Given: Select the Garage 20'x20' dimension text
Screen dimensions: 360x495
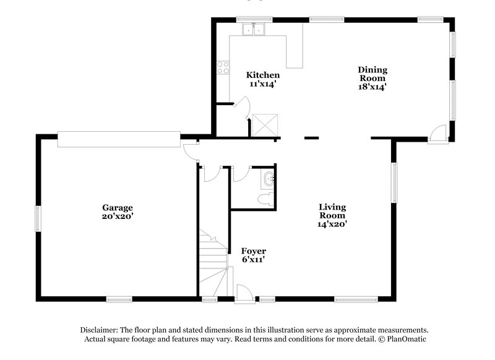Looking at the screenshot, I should coord(118,216).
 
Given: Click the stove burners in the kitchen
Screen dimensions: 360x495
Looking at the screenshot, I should coord(223,67).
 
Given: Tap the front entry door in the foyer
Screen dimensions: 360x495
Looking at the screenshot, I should coord(244,294).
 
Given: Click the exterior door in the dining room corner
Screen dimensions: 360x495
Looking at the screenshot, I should coord(438,133).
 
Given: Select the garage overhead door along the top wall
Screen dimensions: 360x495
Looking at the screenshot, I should coord(119,139).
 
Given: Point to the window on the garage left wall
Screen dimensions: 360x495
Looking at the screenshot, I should coord(38,219).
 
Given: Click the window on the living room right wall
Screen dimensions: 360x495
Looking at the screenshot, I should coord(394,182).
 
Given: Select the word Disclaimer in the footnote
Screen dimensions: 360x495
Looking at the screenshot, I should coord(99,330).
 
